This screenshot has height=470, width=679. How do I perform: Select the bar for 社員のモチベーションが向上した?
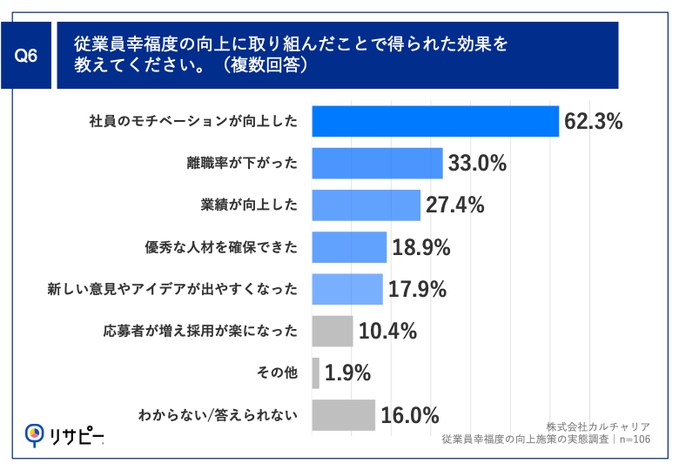point(434,121)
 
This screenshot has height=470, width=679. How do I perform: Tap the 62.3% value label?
point(593,122)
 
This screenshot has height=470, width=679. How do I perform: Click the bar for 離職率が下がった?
point(377,164)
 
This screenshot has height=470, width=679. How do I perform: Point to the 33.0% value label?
point(477,164)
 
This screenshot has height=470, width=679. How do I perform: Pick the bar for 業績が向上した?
point(366,205)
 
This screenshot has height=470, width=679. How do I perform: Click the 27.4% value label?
point(454,205)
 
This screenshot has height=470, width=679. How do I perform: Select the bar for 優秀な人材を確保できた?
point(348,247)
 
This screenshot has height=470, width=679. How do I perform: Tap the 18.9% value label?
point(420,248)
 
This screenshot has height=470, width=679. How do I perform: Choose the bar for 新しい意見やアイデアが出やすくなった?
point(346,289)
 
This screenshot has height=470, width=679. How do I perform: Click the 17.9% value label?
point(417,290)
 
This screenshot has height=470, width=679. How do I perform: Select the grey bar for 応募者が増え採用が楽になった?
point(332,332)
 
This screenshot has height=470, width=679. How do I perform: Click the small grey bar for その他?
point(315,373)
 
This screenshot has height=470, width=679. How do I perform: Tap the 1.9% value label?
point(348,373)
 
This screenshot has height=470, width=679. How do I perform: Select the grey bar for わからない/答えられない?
point(343,415)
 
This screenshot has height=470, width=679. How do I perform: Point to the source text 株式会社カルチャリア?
point(598,426)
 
